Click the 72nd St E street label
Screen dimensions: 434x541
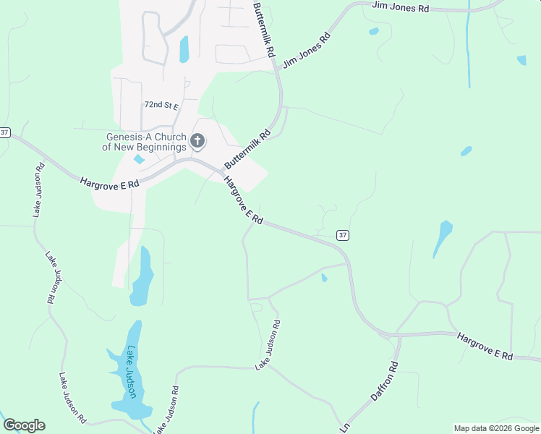[x=161, y=105]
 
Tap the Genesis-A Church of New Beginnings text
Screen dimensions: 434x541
[x=145, y=142]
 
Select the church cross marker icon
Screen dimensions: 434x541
[x=197, y=142]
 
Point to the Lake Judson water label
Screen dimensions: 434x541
[x=132, y=372]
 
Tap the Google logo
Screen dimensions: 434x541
[x=24, y=425]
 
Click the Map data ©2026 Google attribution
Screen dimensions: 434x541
[x=496, y=428]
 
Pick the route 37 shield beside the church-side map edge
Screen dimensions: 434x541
[x=5, y=132]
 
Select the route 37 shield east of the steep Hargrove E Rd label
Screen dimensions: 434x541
[x=343, y=235]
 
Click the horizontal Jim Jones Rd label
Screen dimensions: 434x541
[x=400, y=7]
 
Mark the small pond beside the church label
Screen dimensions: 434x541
[x=139, y=159]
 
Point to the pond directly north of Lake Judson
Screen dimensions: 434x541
[x=142, y=277]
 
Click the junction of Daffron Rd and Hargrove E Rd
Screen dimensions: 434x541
[x=399, y=336]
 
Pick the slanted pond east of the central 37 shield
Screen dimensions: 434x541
[x=443, y=238]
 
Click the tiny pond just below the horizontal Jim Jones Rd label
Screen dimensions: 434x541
[x=373, y=31]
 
